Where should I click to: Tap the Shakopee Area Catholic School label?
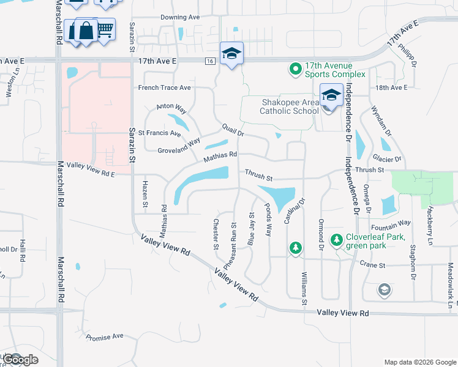tap(290, 106)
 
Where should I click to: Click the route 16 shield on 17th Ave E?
tap(210, 61)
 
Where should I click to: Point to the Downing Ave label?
tap(181, 17)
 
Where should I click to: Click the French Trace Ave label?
tap(164, 87)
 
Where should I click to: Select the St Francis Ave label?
tap(159, 133)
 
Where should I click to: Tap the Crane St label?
tap(372, 265)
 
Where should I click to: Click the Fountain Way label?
tap(397, 223)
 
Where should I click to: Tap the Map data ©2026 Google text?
tap(420, 361)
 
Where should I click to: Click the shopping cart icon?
tap(105, 28)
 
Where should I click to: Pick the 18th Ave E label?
tap(391, 88)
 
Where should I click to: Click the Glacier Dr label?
tap(389, 159)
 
